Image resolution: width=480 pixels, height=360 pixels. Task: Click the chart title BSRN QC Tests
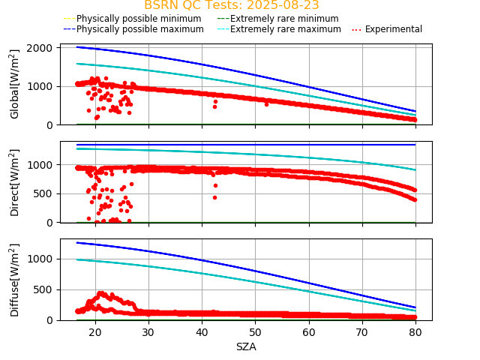231,5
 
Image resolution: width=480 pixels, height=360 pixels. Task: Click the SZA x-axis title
246,346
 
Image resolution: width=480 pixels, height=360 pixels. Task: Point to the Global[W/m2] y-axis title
15,84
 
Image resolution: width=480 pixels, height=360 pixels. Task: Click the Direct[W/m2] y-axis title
15,182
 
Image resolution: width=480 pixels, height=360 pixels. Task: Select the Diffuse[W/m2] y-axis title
15,280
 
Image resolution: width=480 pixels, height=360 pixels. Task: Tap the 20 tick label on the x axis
95,332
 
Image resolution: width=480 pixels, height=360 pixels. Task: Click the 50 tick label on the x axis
255,332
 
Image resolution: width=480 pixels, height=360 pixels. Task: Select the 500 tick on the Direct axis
46,193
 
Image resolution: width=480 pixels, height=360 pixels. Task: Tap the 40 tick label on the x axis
202,332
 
